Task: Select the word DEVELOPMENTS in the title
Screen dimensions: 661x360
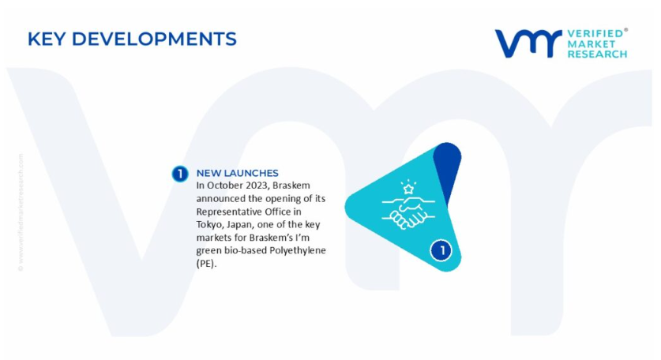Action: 154,39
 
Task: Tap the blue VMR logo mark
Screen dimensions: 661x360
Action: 528,43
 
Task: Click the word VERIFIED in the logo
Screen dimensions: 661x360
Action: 595,34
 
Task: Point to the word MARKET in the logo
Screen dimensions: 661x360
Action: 591,44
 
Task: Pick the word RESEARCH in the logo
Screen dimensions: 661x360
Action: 597,54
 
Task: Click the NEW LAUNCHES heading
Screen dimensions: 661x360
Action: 238,173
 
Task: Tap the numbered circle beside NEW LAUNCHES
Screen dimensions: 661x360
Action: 180,174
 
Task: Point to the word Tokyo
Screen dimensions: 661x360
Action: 208,225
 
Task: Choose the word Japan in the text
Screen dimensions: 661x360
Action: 238,225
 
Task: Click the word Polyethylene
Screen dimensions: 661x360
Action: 298,251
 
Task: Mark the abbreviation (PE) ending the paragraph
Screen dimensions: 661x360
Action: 206,264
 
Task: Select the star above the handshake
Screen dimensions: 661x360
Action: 408,189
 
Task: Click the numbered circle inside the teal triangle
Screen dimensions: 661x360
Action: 441,250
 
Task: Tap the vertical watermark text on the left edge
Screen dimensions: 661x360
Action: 21,212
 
